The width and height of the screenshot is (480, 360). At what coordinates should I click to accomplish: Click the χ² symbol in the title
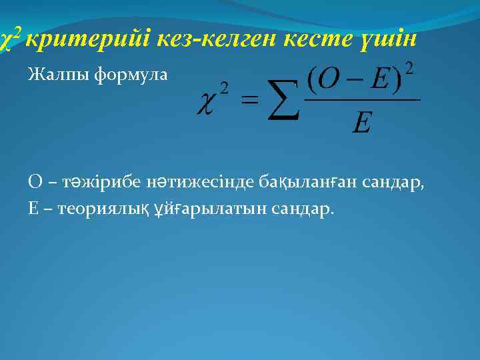pos(9,39)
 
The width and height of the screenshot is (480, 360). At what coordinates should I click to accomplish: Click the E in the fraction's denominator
pos(361,123)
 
